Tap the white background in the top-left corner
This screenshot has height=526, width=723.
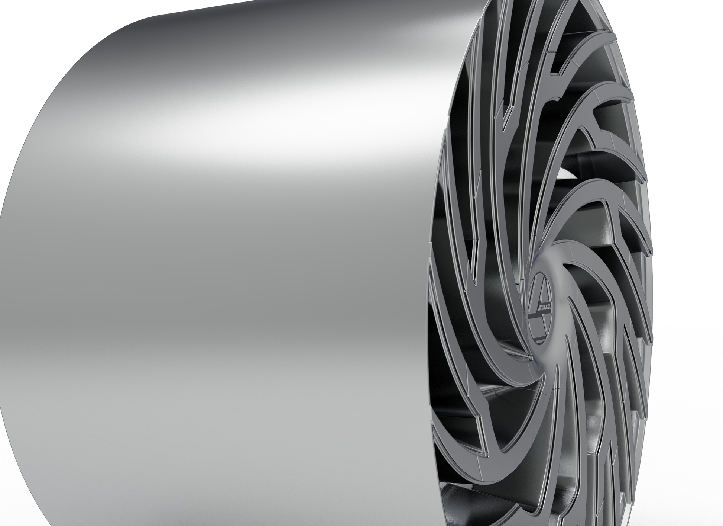[30, 22]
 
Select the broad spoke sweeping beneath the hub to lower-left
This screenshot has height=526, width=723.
[494, 372]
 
